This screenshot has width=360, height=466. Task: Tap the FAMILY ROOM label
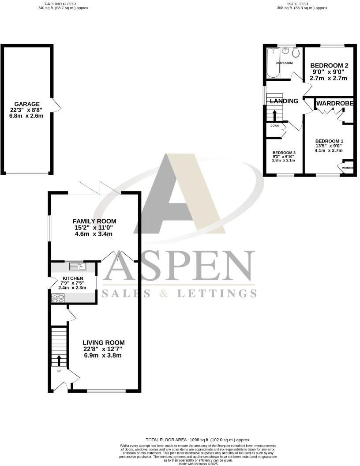(94, 221)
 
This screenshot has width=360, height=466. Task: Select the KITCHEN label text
(72, 278)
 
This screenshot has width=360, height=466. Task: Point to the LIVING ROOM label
(103, 342)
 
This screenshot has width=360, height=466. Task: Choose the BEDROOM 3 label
(284, 152)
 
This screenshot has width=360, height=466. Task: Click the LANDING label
(284, 101)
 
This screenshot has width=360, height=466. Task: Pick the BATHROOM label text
(284, 63)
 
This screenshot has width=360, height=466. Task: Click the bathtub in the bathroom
(271, 63)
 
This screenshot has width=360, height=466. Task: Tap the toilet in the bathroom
(296, 53)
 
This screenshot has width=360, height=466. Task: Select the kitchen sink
(80, 266)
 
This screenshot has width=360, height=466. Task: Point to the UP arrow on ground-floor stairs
(59, 359)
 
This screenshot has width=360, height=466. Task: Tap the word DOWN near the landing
(274, 125)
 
